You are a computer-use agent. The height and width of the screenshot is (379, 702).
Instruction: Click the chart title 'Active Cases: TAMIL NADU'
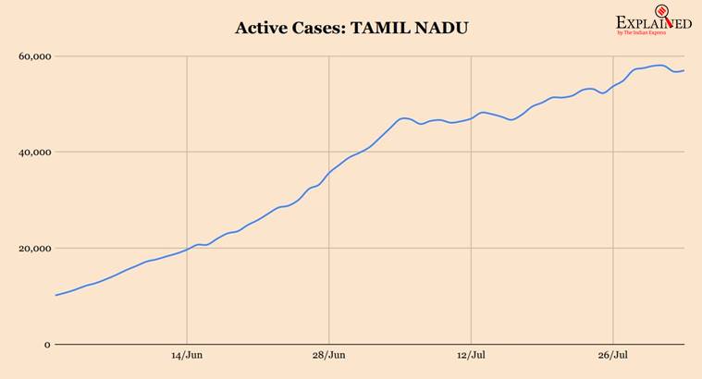[x=351, y=28]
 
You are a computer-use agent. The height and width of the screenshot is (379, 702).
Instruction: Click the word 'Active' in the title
[x=263, y=28]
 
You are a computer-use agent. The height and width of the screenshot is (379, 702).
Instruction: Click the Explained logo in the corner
[x=653, y=22]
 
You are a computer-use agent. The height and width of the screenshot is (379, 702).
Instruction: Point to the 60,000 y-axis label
[x=33, y=56]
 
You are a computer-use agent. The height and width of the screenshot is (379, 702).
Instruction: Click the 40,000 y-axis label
[x=33, y=152]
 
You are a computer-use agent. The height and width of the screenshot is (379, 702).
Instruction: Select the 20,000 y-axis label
[x=33, y=248]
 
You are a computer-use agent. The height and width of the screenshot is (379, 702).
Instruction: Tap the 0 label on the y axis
[x=46, y=344]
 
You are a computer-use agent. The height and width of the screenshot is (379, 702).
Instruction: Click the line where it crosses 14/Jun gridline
[x=187, y=249]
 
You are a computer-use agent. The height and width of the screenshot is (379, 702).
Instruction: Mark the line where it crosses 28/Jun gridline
[x=329, y=172]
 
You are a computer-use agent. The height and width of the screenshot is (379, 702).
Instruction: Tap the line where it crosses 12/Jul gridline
[x=472, y=117]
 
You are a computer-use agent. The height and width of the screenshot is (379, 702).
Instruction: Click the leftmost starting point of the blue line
[x=55, y=295]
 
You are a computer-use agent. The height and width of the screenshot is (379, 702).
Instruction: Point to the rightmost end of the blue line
[x=684, y=70]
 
